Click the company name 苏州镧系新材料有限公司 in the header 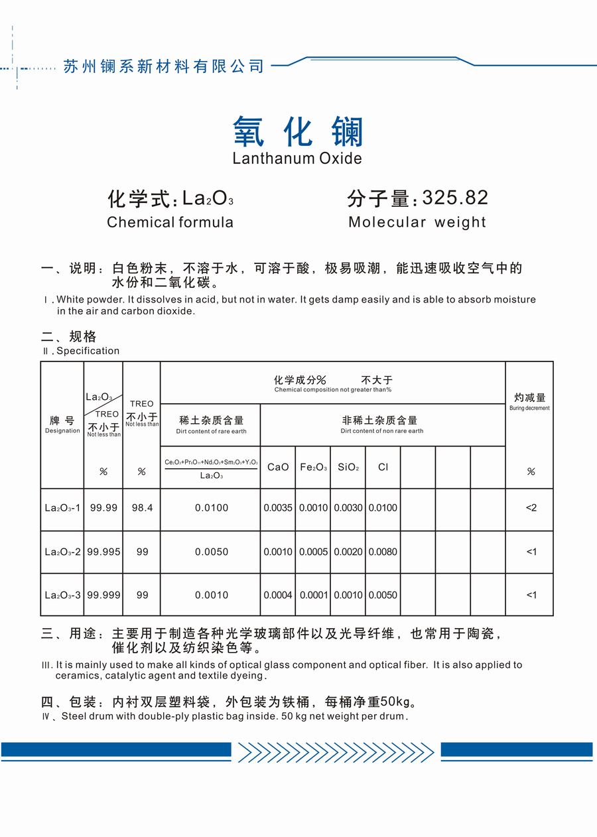pos(163,66)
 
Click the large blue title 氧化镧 pos(298,131)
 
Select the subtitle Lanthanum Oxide pos(297,159)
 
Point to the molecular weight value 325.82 pos(455,198)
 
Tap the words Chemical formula pos(170,222)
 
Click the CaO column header pos(278,467)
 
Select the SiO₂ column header pos(348,467)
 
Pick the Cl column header pos(383,467)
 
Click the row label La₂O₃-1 pos(62,508)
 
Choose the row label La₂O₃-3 pos(62,595)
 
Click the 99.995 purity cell pos(103,552)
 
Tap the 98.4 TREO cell pos(142,508)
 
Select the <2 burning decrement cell pos(531,508)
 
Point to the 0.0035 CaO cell pos(278,508)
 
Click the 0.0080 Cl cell pos(383,552)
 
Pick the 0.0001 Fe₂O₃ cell pos(313,595)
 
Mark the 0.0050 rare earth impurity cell pos(212,552)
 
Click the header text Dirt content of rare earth pos(211,432)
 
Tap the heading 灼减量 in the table pos(529,398)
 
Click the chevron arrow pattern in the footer pos(336,751)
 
